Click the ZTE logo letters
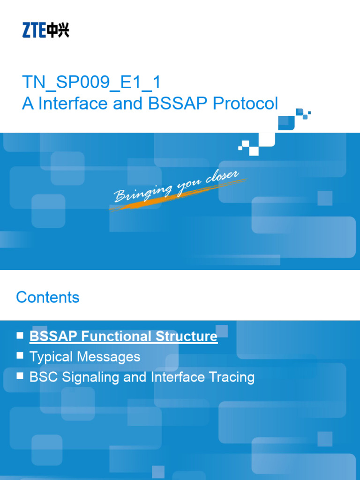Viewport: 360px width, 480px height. [x=33, y=31]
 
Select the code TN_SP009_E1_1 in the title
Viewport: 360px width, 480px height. [x=91, y=82]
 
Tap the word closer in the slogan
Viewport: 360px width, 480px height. [x=222, y=180]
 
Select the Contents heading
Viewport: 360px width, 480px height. [x=48, y=297]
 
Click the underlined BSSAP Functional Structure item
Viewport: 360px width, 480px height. [x=123, y=336]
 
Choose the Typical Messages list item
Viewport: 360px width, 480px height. [x=85, y=357]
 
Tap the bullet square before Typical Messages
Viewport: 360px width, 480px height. [x=20, y=356]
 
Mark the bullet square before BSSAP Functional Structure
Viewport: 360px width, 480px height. [x=20, y=335]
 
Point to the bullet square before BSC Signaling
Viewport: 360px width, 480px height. [x=20, y=376]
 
